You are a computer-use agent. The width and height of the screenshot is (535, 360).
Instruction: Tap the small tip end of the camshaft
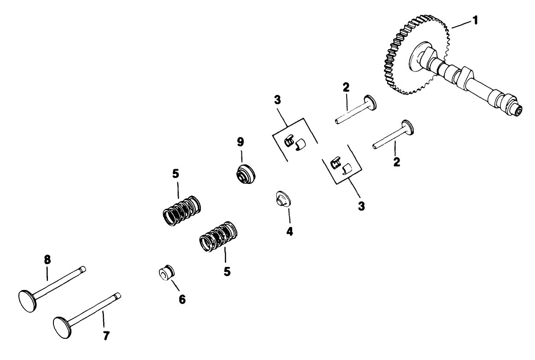coord(519,111)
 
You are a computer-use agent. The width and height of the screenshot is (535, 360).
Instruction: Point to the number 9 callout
coord(240,142)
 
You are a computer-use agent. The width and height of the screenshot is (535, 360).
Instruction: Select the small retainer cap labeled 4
coord(282,200)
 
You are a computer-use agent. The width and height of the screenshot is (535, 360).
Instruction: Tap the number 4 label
coord(289,230)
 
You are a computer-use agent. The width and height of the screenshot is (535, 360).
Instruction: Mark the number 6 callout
coord(182,299)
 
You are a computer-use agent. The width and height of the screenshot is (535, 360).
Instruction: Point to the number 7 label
coord(106,336)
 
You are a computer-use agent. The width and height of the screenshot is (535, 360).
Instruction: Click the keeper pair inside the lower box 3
coord(341,165)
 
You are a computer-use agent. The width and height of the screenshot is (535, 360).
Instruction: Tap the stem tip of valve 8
coord(83,270)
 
